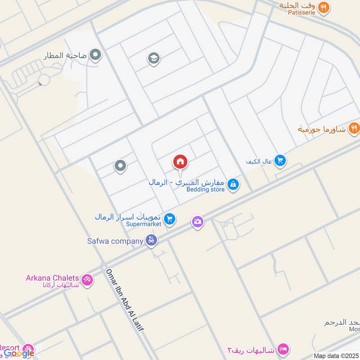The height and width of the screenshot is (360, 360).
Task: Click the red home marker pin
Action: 180,162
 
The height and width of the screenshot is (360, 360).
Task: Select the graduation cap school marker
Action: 154,58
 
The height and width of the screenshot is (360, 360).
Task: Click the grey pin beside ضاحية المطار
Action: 95,56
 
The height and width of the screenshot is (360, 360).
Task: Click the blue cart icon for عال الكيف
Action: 280,160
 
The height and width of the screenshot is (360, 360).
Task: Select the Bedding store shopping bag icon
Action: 233,184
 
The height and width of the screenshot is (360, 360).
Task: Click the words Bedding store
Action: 205,189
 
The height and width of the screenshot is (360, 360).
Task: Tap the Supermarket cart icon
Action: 169,219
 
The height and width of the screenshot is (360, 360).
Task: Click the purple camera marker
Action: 197,221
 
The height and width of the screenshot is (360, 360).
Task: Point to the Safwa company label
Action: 115,241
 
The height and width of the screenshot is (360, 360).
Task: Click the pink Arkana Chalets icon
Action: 87,279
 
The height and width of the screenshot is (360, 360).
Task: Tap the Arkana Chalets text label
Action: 52,278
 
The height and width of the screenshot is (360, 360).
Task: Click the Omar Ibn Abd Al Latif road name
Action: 125,300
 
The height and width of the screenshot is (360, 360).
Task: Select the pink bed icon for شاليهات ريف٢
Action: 283,349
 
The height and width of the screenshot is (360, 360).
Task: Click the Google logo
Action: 19,354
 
